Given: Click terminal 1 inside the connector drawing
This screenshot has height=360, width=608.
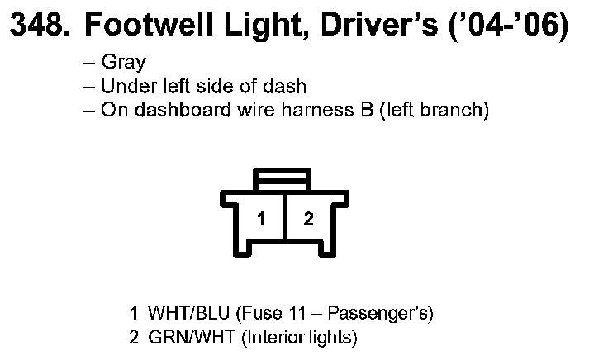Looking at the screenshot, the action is pos(261,220).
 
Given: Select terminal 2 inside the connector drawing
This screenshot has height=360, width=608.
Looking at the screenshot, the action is pos(307,220).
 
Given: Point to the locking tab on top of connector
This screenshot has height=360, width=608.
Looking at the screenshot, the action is pos(283,179).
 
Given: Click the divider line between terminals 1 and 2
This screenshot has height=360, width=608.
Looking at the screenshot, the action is pos(283,220).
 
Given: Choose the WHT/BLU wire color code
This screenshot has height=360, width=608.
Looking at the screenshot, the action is pos(189,314).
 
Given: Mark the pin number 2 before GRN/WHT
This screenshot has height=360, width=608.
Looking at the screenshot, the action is pos(134,337).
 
